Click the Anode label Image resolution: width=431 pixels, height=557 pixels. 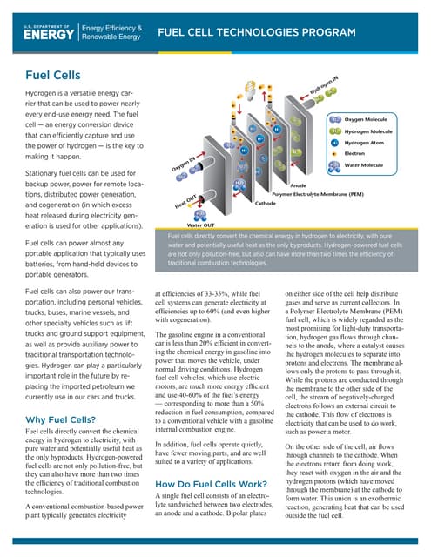297,185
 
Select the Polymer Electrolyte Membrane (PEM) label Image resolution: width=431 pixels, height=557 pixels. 317,193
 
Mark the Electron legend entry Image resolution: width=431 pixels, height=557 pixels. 356,152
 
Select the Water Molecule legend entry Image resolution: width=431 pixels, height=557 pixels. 365,164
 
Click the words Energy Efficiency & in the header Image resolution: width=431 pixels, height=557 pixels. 111,28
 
